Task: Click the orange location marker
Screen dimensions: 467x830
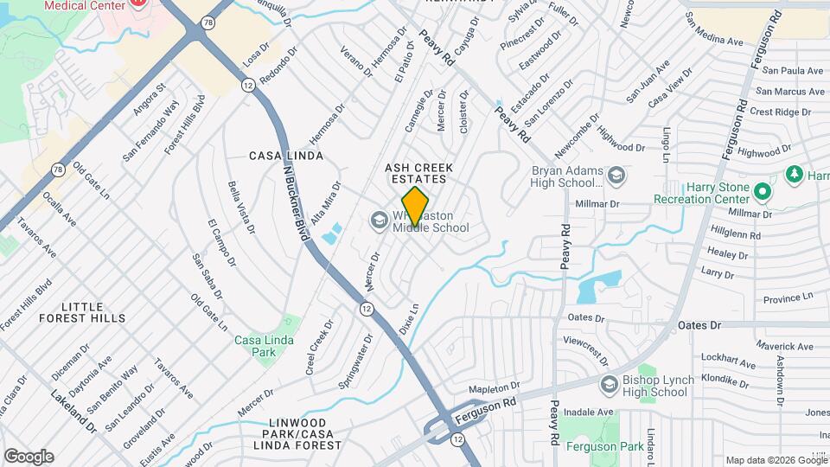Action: tap(416, 206)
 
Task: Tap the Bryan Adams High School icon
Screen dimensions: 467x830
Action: tap(616, 176)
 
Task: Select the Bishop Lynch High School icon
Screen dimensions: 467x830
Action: tap(610, 382)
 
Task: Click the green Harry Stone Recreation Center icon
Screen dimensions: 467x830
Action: tap(762, 190)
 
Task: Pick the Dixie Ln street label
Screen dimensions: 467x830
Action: tap(409, 319)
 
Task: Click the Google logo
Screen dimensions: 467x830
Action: tap(29, 457)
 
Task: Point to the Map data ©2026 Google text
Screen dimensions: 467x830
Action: tap(776, 460)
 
